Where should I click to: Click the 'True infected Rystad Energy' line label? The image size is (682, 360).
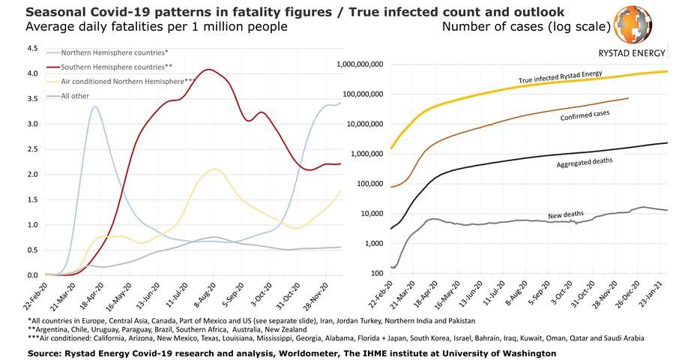561,77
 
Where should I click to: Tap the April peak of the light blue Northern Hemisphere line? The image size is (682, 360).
95,106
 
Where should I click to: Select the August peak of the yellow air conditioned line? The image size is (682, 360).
215,169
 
